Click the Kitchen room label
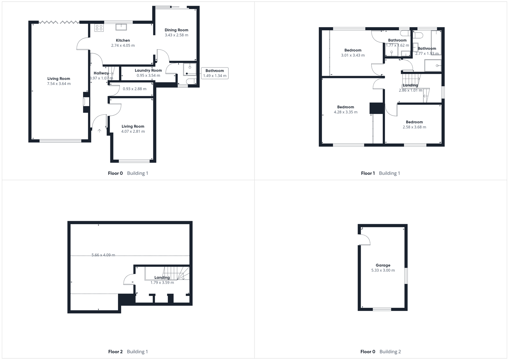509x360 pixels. (123, 40)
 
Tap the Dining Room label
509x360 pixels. (176, 30)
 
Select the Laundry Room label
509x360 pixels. (148, 71)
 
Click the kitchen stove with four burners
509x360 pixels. (99, 28)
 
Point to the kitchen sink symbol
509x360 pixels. (121, 27)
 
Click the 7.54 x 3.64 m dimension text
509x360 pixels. (59, 84)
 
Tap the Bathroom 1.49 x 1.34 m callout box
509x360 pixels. (215, 73)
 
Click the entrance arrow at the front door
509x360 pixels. (99, 131)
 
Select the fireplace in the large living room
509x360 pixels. (85, 102)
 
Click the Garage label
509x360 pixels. (383, 265)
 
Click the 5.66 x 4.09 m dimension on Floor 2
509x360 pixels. (103, 255)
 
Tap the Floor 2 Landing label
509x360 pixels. (162, 278)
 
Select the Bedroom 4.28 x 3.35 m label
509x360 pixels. (345, 107)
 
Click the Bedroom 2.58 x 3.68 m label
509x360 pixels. (414, 122)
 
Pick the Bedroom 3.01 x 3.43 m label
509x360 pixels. (353, 50)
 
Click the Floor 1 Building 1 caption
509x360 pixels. (380, 173)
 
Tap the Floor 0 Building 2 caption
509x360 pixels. (380, 352)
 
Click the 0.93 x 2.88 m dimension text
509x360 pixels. (135, 89)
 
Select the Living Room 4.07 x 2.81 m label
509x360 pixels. (133, 126)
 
